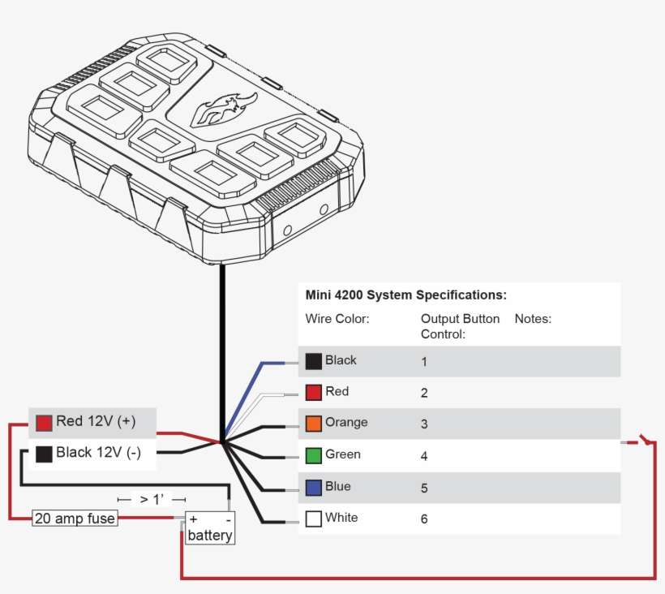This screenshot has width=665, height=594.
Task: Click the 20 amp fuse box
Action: point(75,518)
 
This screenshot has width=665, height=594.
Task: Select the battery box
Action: point(210,528)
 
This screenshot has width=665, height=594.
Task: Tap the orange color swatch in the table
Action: point(314,424)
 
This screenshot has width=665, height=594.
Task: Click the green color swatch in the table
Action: point(314,455)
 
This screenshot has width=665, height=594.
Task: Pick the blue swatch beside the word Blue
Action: point(314,487)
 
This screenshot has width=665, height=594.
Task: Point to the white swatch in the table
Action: point(314,519)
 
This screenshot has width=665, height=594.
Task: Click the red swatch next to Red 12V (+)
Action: point(44,423)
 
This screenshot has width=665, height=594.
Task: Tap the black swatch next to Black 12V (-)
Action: point(44,454)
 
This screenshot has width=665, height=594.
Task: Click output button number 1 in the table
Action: point(424,362)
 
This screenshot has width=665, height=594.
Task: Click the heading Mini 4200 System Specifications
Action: point(405,295)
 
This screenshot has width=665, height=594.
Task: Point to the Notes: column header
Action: point(533,319)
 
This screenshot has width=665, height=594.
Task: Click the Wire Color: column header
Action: point(337,319)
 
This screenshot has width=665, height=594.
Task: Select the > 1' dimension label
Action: point(152,499)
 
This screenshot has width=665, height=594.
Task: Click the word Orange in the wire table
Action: point(346,423)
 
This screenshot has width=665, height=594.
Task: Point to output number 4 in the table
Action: point(424,456)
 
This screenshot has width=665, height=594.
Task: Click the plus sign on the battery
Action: point(193,519)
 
